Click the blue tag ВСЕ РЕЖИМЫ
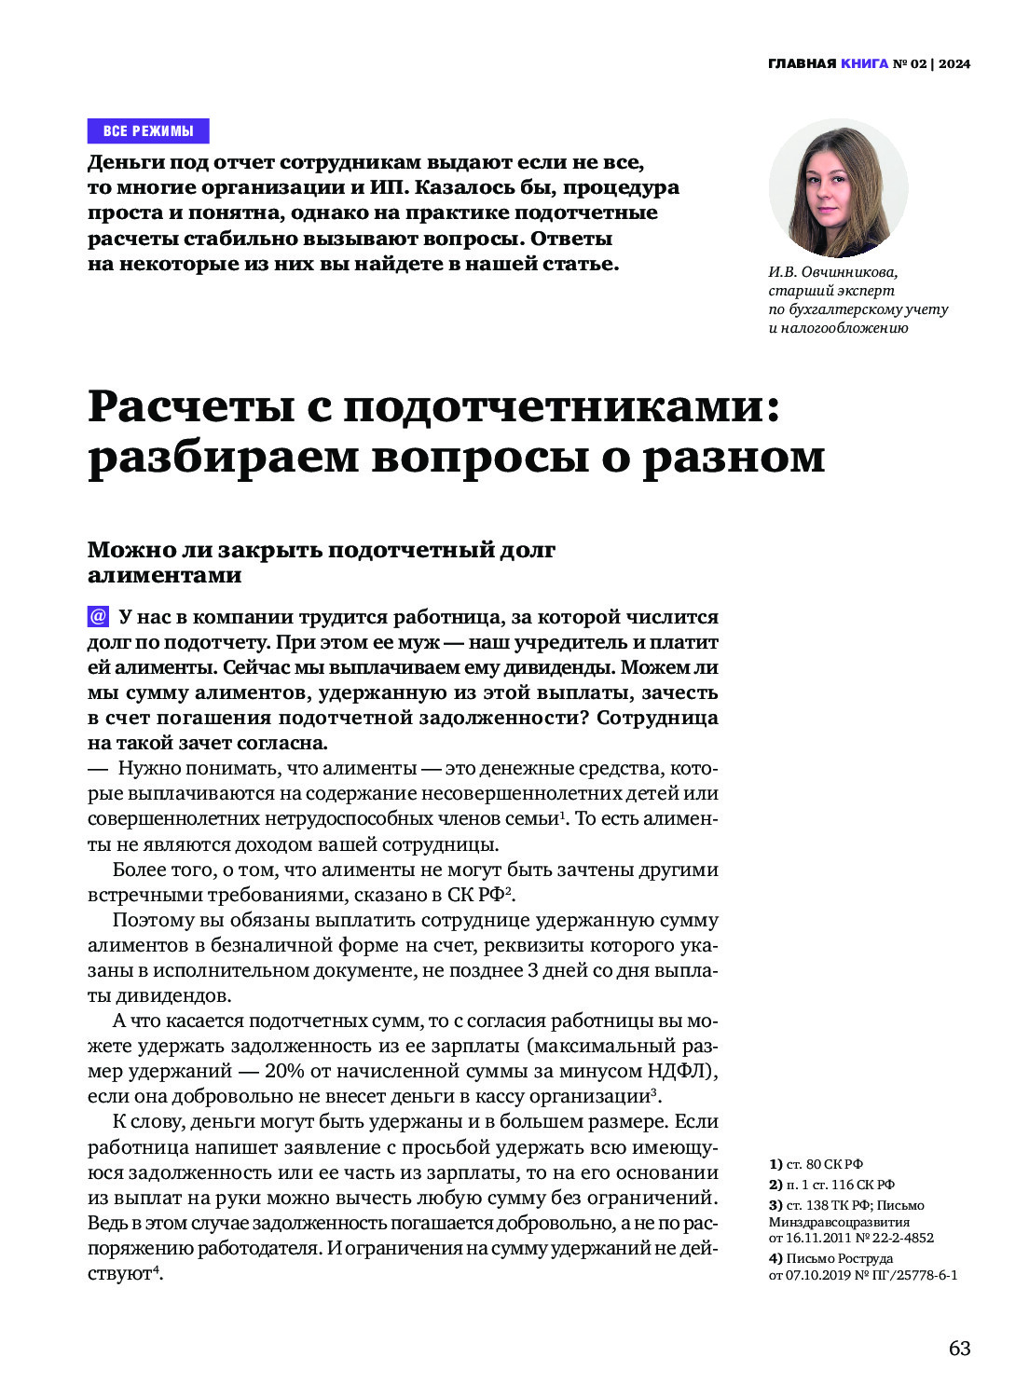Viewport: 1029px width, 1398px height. (148, 130)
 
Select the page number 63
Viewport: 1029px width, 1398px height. (959, 1349)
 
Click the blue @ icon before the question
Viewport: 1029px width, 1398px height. (98, 617)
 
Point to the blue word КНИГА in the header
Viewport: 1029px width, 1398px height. (864, 63)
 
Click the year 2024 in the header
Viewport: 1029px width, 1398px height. (954, 63)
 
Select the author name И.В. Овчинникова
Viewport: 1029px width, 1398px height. (832, 272)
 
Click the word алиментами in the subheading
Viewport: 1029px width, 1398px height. (164, 575)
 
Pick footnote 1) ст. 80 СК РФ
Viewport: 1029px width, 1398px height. (816, 1164)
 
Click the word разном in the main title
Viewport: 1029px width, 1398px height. (734, 458)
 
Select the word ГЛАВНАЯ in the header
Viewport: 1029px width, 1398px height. (802, 63)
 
